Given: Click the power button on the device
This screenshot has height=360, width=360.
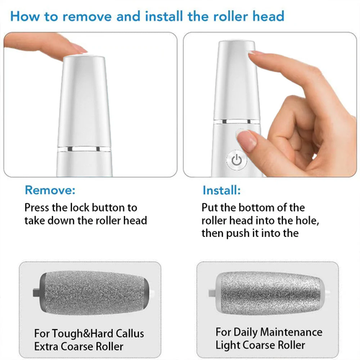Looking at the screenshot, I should tap(235, 160).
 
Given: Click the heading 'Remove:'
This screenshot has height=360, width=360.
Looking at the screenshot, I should tap(49, 191).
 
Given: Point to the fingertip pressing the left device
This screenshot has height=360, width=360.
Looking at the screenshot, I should tap(71, 48).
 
